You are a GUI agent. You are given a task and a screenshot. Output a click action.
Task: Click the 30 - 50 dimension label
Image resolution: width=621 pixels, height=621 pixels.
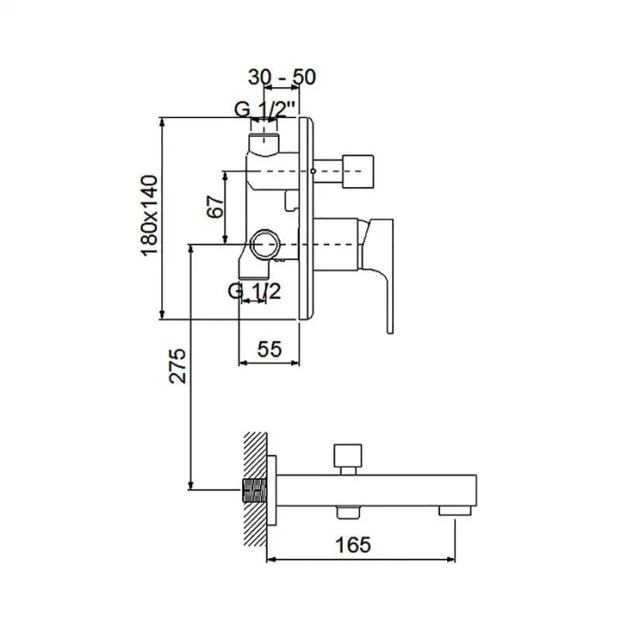tap(281, 77)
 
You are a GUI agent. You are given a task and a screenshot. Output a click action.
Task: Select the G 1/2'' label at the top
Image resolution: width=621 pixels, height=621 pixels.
tap(265, 111)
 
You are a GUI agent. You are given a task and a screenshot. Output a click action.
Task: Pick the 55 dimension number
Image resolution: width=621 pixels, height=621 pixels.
tap(270, 349)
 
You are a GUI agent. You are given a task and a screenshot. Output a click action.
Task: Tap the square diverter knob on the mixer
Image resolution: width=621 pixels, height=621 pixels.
tap(358, 167)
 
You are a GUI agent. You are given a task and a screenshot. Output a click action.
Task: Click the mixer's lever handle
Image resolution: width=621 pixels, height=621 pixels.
tap(380, 266)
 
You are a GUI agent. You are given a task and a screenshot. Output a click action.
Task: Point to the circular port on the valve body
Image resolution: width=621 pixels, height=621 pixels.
tap(263, 242)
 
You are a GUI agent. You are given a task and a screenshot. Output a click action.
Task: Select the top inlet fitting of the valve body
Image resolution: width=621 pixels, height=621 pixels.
tap(264, 141)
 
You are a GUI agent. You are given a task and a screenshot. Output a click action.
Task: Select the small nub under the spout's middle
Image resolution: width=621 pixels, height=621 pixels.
tap(346, 510)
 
